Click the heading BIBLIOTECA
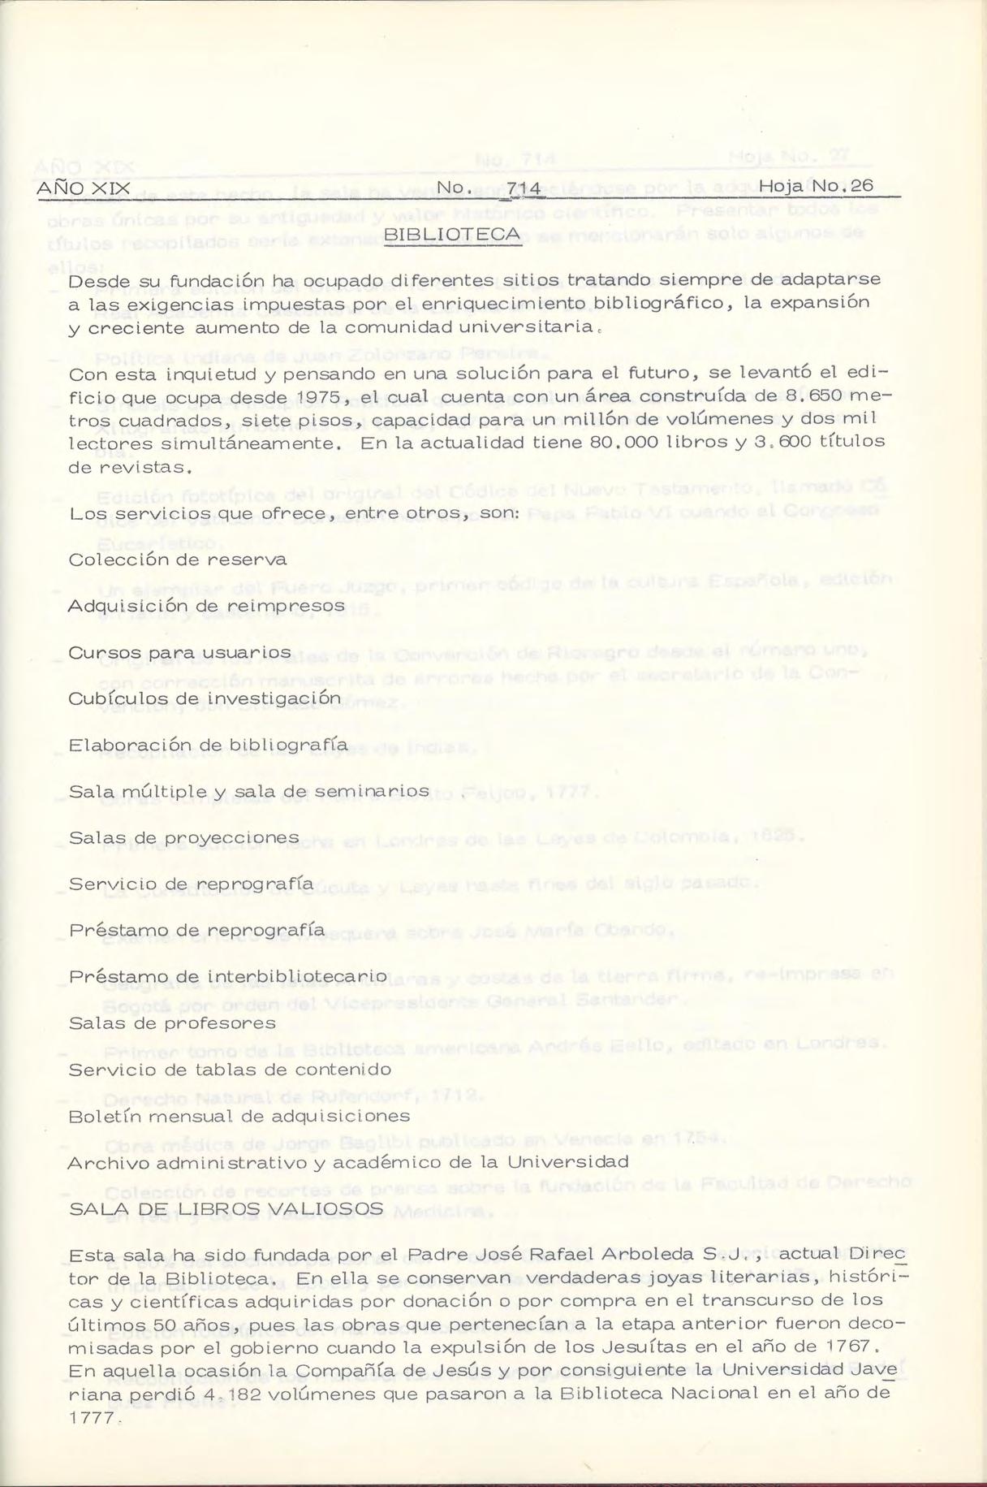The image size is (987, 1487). click(x=452, y=235)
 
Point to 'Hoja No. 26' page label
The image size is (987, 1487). click(x=816, y=186)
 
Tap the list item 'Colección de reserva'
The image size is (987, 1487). click(x=178, y=560)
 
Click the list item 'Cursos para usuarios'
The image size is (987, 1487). click(x=179, y=653)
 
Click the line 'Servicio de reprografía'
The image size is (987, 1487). click(x=191, y=884)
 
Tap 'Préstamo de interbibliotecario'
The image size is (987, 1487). click(x=228, y=977)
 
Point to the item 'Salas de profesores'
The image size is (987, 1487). click(x=172, y=1023)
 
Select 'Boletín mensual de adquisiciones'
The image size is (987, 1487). click(x=239, y=1117)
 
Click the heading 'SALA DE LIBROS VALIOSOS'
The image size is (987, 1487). click(x=226, y=1209)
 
